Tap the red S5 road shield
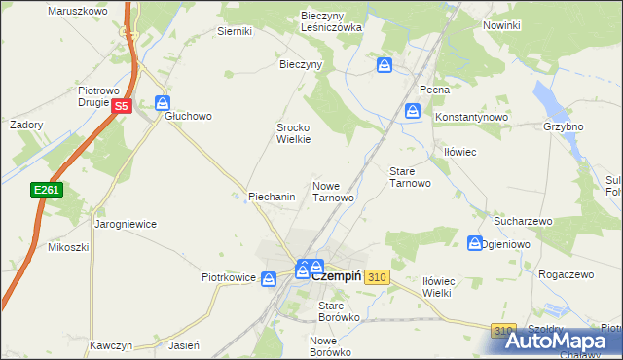coord(121,106)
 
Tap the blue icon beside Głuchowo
coord(163,102)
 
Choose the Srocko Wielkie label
coord(293,133)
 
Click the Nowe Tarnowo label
coord(332,191)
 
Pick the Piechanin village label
coord(272,197)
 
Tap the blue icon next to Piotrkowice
coord(272,278)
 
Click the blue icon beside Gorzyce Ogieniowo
coord(475,242)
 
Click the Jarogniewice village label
coord(126,223)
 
